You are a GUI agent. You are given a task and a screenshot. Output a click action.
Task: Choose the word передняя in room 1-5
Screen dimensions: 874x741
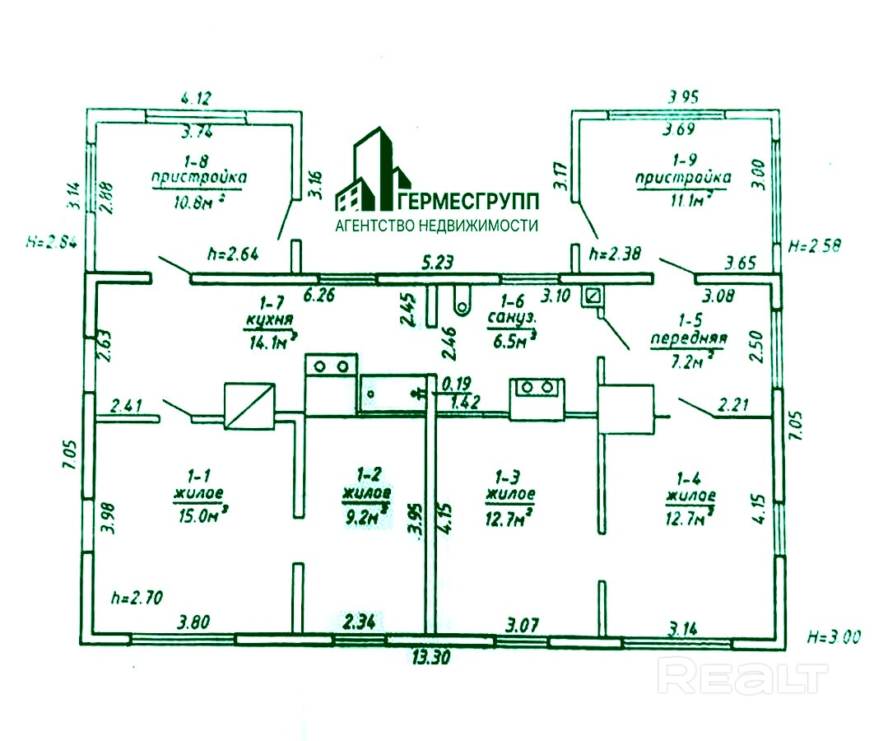[688, 338]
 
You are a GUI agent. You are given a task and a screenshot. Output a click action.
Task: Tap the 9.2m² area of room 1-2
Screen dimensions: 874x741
[367, 517]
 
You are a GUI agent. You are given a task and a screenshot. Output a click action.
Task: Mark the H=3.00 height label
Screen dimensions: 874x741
[834, 636]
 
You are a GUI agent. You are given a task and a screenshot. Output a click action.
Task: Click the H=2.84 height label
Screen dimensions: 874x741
[52, 241]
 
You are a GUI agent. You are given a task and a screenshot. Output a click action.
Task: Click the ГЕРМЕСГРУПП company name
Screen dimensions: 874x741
[468, 200]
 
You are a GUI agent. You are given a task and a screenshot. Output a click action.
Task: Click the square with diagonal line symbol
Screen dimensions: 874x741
[249, 405]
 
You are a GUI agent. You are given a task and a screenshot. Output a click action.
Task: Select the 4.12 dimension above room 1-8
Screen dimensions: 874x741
[196, 98]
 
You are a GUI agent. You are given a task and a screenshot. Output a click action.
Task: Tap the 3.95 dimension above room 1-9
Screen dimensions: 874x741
[683, 97]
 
